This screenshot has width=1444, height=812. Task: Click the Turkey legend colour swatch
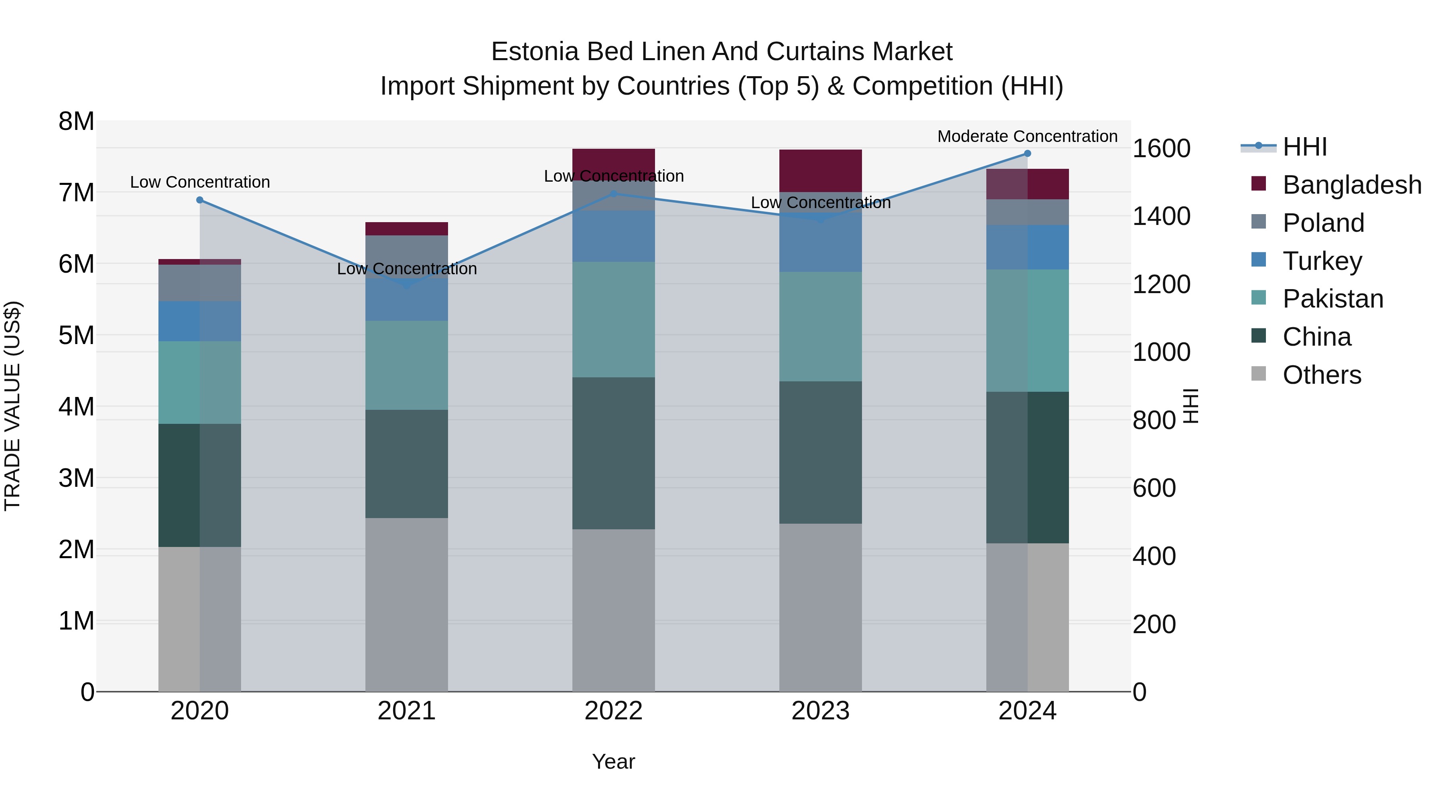(x=1258, y=260)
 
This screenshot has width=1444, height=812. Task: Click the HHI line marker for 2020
(x=200, y=200)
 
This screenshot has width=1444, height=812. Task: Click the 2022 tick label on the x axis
(x=613, y=711)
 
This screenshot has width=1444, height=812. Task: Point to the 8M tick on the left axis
(x=76, y=121)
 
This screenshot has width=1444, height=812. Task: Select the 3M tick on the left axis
(x=76, y=478)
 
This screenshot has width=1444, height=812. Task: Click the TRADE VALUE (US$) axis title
(x=12, y=406)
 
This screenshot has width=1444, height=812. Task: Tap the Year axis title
(x=613, y=761)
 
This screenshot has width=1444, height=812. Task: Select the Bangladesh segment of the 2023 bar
(x=820, y=170)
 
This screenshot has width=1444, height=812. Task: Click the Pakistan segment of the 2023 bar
(x=820, y=327)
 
